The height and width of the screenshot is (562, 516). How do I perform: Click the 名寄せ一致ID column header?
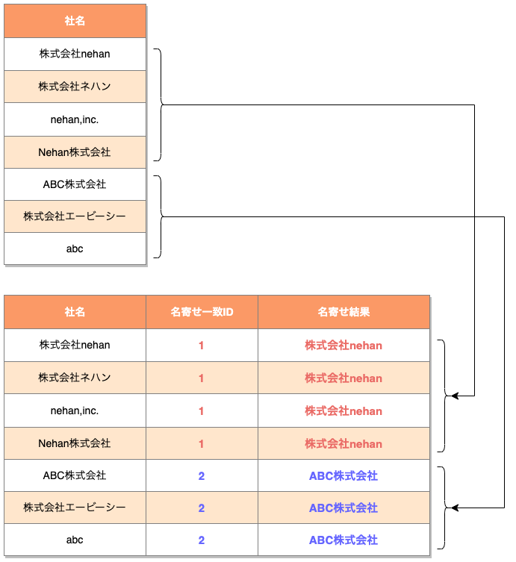(202, 312)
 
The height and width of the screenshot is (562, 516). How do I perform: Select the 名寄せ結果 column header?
(344, 312)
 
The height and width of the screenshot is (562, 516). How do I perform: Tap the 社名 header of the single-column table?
(75, 22)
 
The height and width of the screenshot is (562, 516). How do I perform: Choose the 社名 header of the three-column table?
(75, 312)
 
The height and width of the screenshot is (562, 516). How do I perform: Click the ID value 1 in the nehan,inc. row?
(202, 411)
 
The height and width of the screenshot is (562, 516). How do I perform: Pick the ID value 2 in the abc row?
(202, 540)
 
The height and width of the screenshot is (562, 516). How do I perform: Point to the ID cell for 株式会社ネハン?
(202, 378)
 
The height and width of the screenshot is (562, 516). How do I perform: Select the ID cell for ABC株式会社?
(202, 476)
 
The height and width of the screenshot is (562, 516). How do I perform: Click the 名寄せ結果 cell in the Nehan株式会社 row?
(344, 444)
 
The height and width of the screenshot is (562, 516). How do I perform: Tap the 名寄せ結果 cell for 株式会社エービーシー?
(344, 508)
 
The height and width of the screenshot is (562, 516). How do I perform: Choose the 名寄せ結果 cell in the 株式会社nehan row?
(344, 346)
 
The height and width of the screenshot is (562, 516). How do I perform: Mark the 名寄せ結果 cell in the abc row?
(344, 540)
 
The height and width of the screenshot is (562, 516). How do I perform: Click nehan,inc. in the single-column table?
(75, 119)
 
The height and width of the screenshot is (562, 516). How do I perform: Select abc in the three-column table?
(75, 540)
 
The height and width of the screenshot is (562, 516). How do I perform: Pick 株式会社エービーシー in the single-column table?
(75, 216)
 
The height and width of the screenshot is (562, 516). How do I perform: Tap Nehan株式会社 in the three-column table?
(75, 444)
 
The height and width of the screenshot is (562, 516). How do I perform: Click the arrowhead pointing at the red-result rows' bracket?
(456, 396)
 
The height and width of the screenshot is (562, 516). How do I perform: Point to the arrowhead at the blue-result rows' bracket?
(456, 508)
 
